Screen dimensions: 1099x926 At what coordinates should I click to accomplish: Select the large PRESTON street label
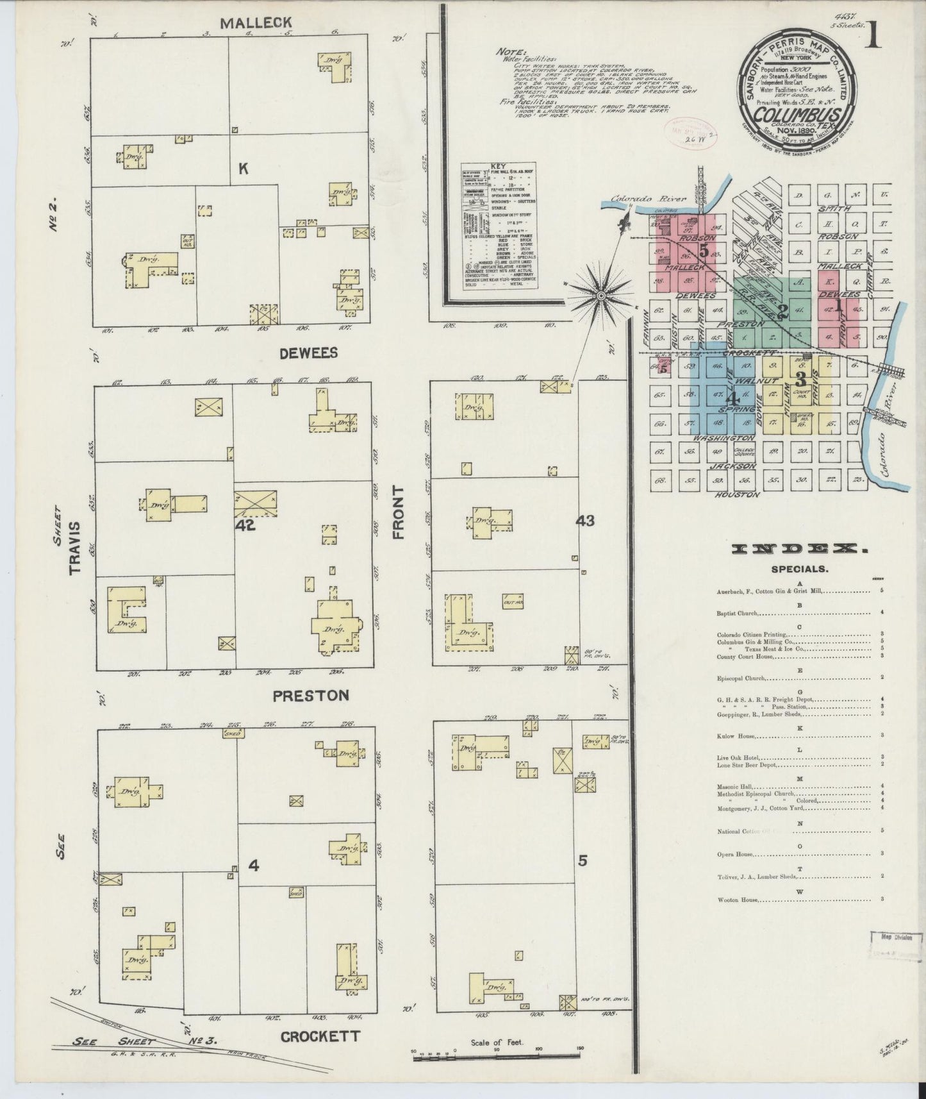point(311,695)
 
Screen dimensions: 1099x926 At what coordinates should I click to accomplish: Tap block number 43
point(585,521)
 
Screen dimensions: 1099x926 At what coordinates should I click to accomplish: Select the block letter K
point(243,169)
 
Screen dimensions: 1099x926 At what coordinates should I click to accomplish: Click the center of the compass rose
point(601,296)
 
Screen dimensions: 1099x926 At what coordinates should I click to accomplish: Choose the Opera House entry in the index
point(734,854)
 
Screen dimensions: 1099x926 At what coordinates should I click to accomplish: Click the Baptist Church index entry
point(737,612)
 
